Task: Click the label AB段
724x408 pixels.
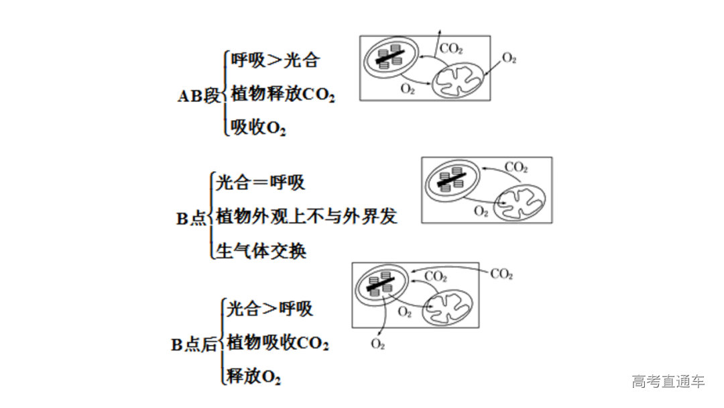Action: click(198, 95)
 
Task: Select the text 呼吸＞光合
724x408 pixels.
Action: click(275, 60)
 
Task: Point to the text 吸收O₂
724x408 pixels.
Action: click(258, 127)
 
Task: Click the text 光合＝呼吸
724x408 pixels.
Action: click(260, 182)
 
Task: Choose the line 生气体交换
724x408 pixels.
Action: click(261, 251)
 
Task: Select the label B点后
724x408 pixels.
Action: click(194, 345)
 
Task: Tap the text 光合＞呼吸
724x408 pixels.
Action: click(269, 309)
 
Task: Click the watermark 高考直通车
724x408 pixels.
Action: click(668, 382)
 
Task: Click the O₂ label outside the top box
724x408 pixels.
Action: click(509, 59)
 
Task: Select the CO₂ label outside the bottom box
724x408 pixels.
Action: click(501, 274)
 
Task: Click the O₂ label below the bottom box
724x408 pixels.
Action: click(377, 344)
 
